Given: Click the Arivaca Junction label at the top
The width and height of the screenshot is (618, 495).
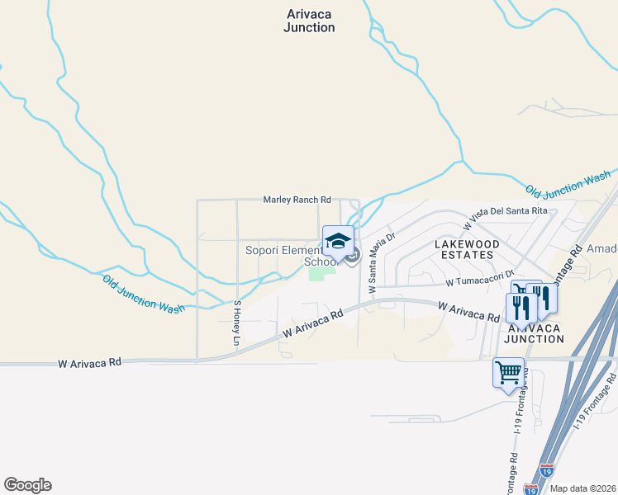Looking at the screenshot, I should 309,21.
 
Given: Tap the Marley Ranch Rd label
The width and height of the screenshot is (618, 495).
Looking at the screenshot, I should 297,200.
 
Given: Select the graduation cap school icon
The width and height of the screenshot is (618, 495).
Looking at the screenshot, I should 338,242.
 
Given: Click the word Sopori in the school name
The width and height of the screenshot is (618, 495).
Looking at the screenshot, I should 264,250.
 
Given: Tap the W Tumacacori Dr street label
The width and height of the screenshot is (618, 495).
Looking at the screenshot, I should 480,281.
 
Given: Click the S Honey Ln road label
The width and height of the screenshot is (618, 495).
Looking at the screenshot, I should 236,323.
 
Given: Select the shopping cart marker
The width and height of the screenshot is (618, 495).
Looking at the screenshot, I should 508,372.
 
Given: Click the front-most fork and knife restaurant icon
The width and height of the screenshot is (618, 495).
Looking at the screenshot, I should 521,308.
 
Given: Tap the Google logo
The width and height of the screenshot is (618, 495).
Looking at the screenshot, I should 27,485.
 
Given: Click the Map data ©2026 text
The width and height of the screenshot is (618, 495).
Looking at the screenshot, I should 583,488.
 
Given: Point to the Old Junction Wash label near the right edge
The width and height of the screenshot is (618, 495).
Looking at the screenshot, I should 568,183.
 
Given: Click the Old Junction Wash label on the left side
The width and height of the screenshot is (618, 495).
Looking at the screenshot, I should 144,294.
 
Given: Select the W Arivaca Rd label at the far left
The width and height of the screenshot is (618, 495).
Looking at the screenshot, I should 90,362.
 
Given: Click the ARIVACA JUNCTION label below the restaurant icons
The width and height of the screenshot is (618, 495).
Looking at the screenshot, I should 534,332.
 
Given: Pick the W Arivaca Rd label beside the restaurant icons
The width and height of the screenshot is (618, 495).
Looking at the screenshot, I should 468,311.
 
